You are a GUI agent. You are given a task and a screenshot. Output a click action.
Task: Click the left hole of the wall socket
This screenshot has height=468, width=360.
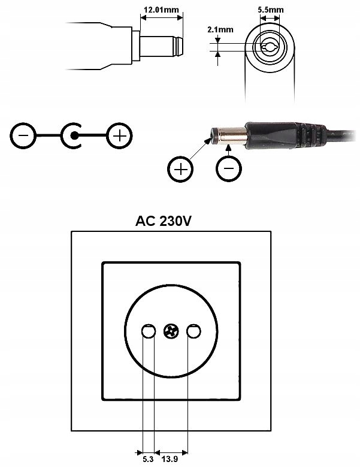(148, 331)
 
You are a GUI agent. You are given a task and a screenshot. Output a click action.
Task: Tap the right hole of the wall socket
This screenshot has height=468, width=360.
(193, 331)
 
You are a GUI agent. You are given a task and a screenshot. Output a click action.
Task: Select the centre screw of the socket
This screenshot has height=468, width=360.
(170, 331)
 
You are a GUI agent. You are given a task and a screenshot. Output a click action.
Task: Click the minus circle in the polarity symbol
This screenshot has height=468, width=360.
(23, 136)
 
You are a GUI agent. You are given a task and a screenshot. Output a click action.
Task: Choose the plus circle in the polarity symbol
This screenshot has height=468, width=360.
(119, 136)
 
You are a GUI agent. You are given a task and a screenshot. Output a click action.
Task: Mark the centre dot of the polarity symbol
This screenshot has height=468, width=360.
(74, 136)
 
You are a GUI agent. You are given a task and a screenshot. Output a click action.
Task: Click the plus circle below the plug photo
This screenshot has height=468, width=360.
(180, 170)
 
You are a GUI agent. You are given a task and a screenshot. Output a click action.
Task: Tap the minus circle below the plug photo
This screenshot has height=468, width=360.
(228, 170)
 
